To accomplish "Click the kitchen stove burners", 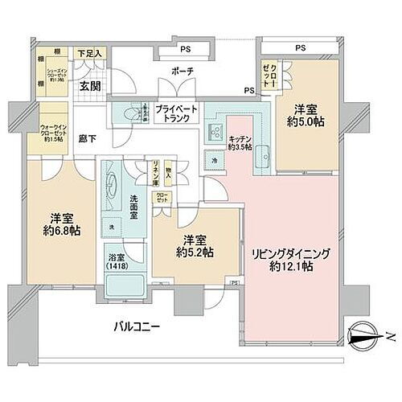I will (216, 130).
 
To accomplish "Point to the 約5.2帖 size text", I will (196, 252).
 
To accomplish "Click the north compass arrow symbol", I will (366, 337).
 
